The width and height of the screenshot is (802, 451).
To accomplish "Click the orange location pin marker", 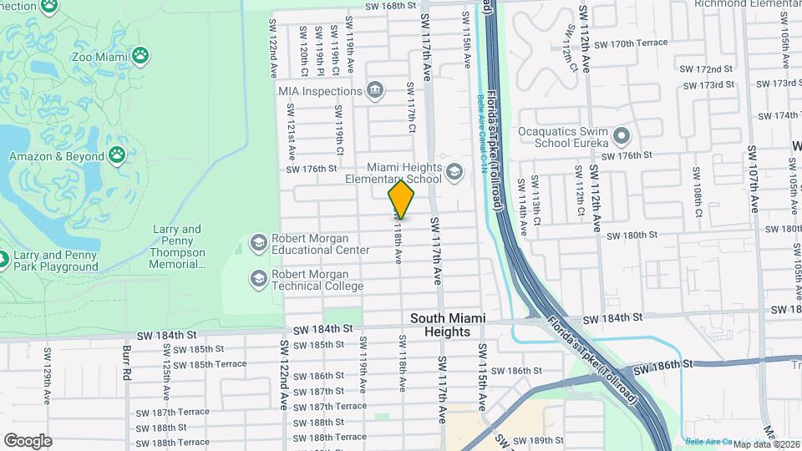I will click(x=401, y=199).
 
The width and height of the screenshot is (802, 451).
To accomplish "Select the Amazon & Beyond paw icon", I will click(x=117, y=156).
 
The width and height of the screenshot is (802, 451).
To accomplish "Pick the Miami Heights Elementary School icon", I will click(x=454, y=172).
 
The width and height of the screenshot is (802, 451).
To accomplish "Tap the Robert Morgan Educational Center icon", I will click(x=258, y=243).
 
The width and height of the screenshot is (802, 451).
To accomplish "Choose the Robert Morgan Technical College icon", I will click(x=258, y=277).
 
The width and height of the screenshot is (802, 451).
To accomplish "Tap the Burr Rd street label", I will click(x=128, y=362).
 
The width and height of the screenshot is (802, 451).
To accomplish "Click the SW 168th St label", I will click(x=389, y=6).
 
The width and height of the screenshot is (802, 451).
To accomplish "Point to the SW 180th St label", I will click(x=633, y=236).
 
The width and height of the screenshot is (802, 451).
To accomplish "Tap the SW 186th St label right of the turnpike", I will click(x=663, y=365).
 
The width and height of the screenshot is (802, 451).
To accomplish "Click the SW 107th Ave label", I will click(x=751, y=171).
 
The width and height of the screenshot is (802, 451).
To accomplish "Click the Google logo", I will click(x=28, y=440).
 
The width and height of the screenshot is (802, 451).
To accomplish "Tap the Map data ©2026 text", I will click(x=764, y=443).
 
